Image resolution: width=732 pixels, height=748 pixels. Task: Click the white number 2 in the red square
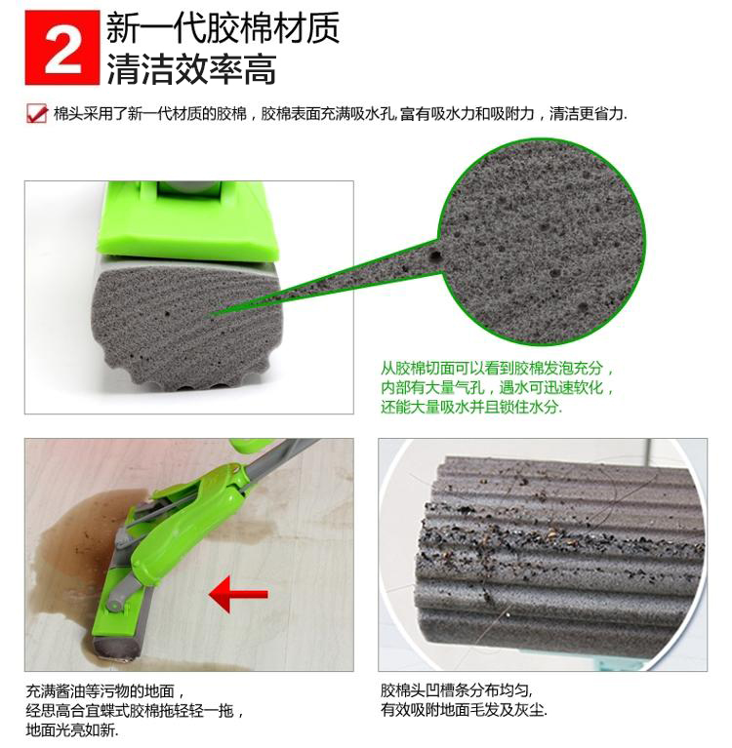point(62,48)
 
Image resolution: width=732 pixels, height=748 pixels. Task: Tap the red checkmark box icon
point(37,114)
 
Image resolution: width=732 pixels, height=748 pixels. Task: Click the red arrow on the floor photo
point(238,594)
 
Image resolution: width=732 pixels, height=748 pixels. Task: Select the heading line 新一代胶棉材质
point(223,28)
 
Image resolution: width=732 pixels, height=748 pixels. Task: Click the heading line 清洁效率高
point(191,69)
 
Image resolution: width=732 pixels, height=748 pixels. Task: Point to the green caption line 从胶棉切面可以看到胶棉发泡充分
point(497,369)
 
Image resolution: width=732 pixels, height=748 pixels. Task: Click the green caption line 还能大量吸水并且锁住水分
point(471,407)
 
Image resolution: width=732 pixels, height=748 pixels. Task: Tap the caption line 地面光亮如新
point(72,729)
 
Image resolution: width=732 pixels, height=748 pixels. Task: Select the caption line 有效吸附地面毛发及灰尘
point(464,710)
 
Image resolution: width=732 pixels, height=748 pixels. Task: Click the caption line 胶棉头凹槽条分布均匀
point(457,689)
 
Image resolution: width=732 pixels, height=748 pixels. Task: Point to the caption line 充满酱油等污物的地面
point(104,690)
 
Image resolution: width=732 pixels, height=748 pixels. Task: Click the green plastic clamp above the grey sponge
point(187,223)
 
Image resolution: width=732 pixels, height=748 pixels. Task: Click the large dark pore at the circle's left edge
point(434,256)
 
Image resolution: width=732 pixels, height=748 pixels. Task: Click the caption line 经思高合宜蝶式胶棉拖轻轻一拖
point(135,710)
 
